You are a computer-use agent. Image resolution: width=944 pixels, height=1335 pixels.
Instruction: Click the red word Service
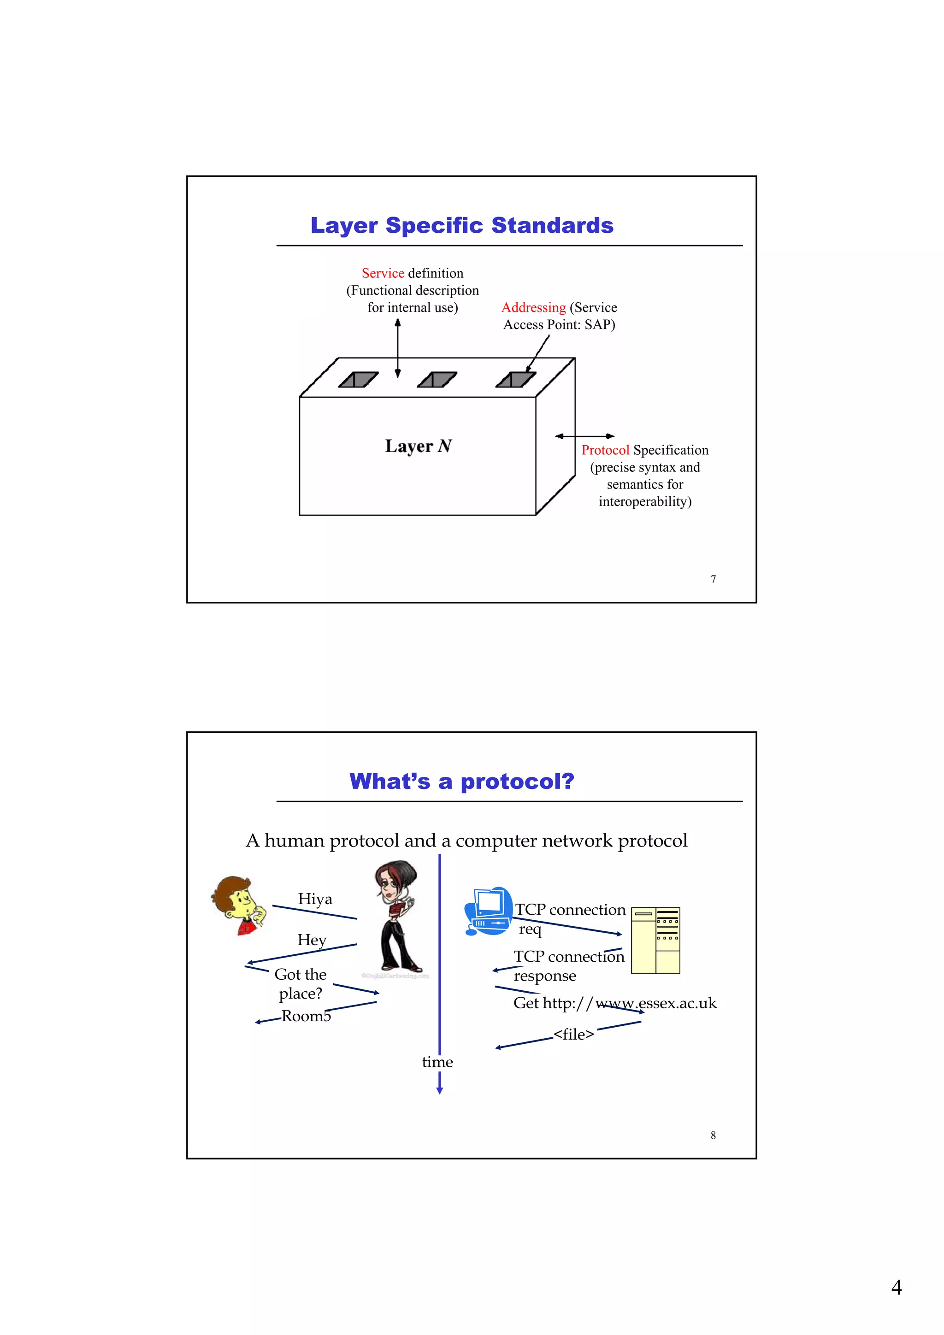(382, 273)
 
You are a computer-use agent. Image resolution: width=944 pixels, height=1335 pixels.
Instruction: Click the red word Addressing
(533, 307)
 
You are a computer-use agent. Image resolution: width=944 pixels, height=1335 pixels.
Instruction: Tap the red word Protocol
(605, 450)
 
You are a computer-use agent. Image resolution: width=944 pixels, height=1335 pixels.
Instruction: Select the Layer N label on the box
(418, 446)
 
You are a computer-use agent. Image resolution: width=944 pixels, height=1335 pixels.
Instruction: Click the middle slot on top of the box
(437, 380)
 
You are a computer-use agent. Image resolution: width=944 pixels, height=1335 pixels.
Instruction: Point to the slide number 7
(713, 579)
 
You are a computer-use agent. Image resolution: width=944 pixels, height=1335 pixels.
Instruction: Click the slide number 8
(713, 1135)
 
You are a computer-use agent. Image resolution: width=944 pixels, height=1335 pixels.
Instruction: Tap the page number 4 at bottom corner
(897, 1288)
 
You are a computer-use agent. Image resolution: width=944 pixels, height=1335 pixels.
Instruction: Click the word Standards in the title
(552, 226)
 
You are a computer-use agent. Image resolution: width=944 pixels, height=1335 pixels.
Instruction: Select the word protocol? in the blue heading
(517, 782)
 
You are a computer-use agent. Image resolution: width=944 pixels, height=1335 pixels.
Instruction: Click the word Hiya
(315, 899)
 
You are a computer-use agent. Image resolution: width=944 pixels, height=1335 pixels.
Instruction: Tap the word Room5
(306, 1016)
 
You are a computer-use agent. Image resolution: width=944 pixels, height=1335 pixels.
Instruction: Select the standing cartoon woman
(397, 916)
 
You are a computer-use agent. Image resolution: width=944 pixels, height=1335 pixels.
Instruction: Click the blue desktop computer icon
(488, 911)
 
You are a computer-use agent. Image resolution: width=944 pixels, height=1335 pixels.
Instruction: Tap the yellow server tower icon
(655, 940)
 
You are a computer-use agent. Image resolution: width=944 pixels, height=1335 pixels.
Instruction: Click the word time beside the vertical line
(437, 1062)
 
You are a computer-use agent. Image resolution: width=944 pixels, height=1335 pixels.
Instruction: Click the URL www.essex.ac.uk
(656, 1003)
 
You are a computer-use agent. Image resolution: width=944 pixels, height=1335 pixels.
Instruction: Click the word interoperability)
(644, 502)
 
